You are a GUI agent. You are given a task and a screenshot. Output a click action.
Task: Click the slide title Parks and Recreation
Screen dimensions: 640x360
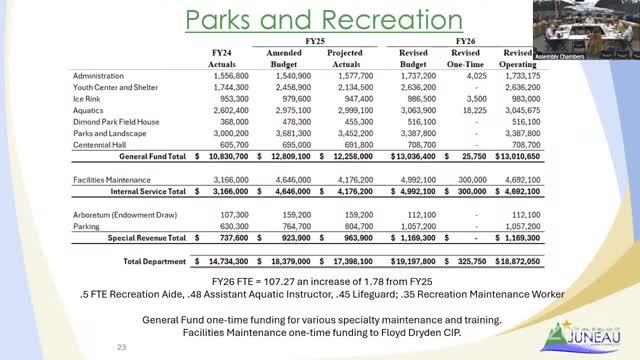point(319,22)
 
